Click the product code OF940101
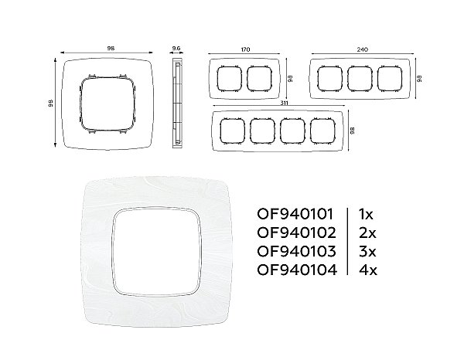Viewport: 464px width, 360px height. (x=295, y=214)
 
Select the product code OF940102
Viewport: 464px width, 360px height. (x=296, y=233)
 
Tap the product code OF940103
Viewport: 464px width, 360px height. (x=296, y=251)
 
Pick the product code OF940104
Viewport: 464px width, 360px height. (x=297, y=270)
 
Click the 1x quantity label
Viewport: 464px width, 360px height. (x=366, y=214)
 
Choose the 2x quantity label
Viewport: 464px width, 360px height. (x=367, y=233)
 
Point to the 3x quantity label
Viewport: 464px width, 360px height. (x=367, y=251)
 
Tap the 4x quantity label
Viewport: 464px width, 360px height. (x=368, y=270)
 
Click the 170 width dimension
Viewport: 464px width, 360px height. (x=245, y=49)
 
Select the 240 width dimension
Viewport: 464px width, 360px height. (x=362, y=49)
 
